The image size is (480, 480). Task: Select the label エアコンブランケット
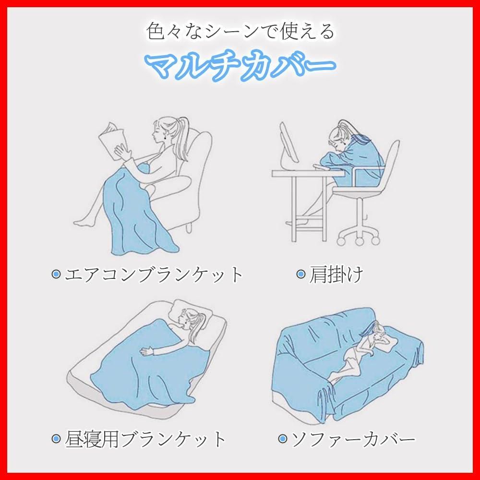click(x=154, y=274)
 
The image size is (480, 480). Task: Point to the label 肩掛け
click(x=336, y=274)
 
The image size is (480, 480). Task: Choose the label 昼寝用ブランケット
click(x=145, y=439)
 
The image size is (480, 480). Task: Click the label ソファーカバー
click(x=353, y=439)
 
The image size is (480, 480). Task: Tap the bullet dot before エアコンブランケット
click(x=56, y=274)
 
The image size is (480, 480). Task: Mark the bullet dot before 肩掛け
click(x=301, y=274)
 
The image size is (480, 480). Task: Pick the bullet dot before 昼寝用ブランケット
click(x=56, y=439)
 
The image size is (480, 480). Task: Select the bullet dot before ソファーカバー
click(x=283, y=439)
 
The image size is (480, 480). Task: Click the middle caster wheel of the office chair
click(x=359, y=241)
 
